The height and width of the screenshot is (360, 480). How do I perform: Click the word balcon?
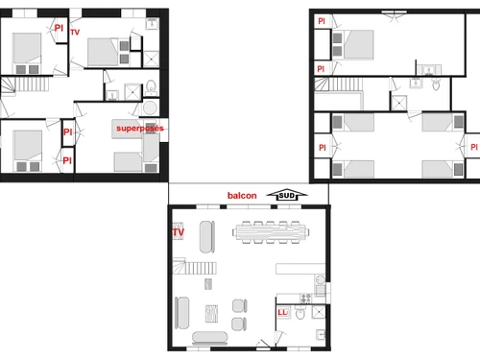(243, 195)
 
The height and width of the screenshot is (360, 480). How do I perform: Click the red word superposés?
(139, 127)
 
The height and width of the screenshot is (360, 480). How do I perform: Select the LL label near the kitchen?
(283, 311)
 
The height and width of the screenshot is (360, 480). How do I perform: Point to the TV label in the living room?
(178, 232)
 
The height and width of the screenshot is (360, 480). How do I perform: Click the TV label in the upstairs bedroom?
(76, 31)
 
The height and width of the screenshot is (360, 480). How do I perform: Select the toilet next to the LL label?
(301, 313)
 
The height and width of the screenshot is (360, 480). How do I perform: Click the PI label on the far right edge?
(472, 146)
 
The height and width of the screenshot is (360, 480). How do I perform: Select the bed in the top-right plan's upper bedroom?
(356, 44)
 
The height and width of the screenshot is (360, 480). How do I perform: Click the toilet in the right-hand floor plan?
(435, 85)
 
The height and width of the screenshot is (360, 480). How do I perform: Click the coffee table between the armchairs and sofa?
(210, 311)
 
